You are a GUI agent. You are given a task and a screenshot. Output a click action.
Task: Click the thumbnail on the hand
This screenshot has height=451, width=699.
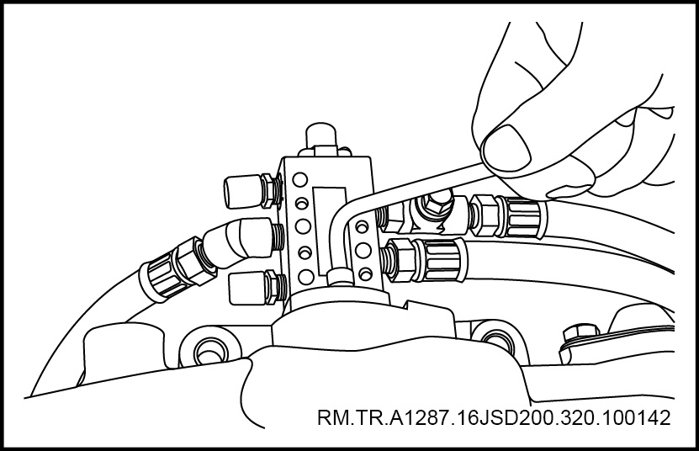coord(507,151)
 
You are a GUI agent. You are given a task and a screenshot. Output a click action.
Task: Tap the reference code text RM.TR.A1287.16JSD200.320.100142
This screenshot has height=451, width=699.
coord(494,418)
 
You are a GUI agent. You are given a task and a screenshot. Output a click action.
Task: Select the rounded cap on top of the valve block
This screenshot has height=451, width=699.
coord(320,135)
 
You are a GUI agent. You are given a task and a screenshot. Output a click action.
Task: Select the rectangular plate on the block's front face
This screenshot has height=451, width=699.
coord(330,231)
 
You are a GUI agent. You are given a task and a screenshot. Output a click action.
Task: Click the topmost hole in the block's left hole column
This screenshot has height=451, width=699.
coord(300,180)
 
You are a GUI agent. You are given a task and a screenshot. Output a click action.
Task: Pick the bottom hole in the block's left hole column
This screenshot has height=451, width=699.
coord(306,277)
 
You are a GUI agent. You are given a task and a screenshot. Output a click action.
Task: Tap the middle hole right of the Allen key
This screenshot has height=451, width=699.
coord(363,250)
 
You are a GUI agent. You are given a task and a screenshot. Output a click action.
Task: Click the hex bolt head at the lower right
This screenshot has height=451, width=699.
coord(581,334)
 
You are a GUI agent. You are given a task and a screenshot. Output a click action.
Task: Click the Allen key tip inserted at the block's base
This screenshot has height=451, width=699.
coord(339,277)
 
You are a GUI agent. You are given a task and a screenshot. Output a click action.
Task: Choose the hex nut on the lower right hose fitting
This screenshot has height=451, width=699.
coord(399,260)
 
